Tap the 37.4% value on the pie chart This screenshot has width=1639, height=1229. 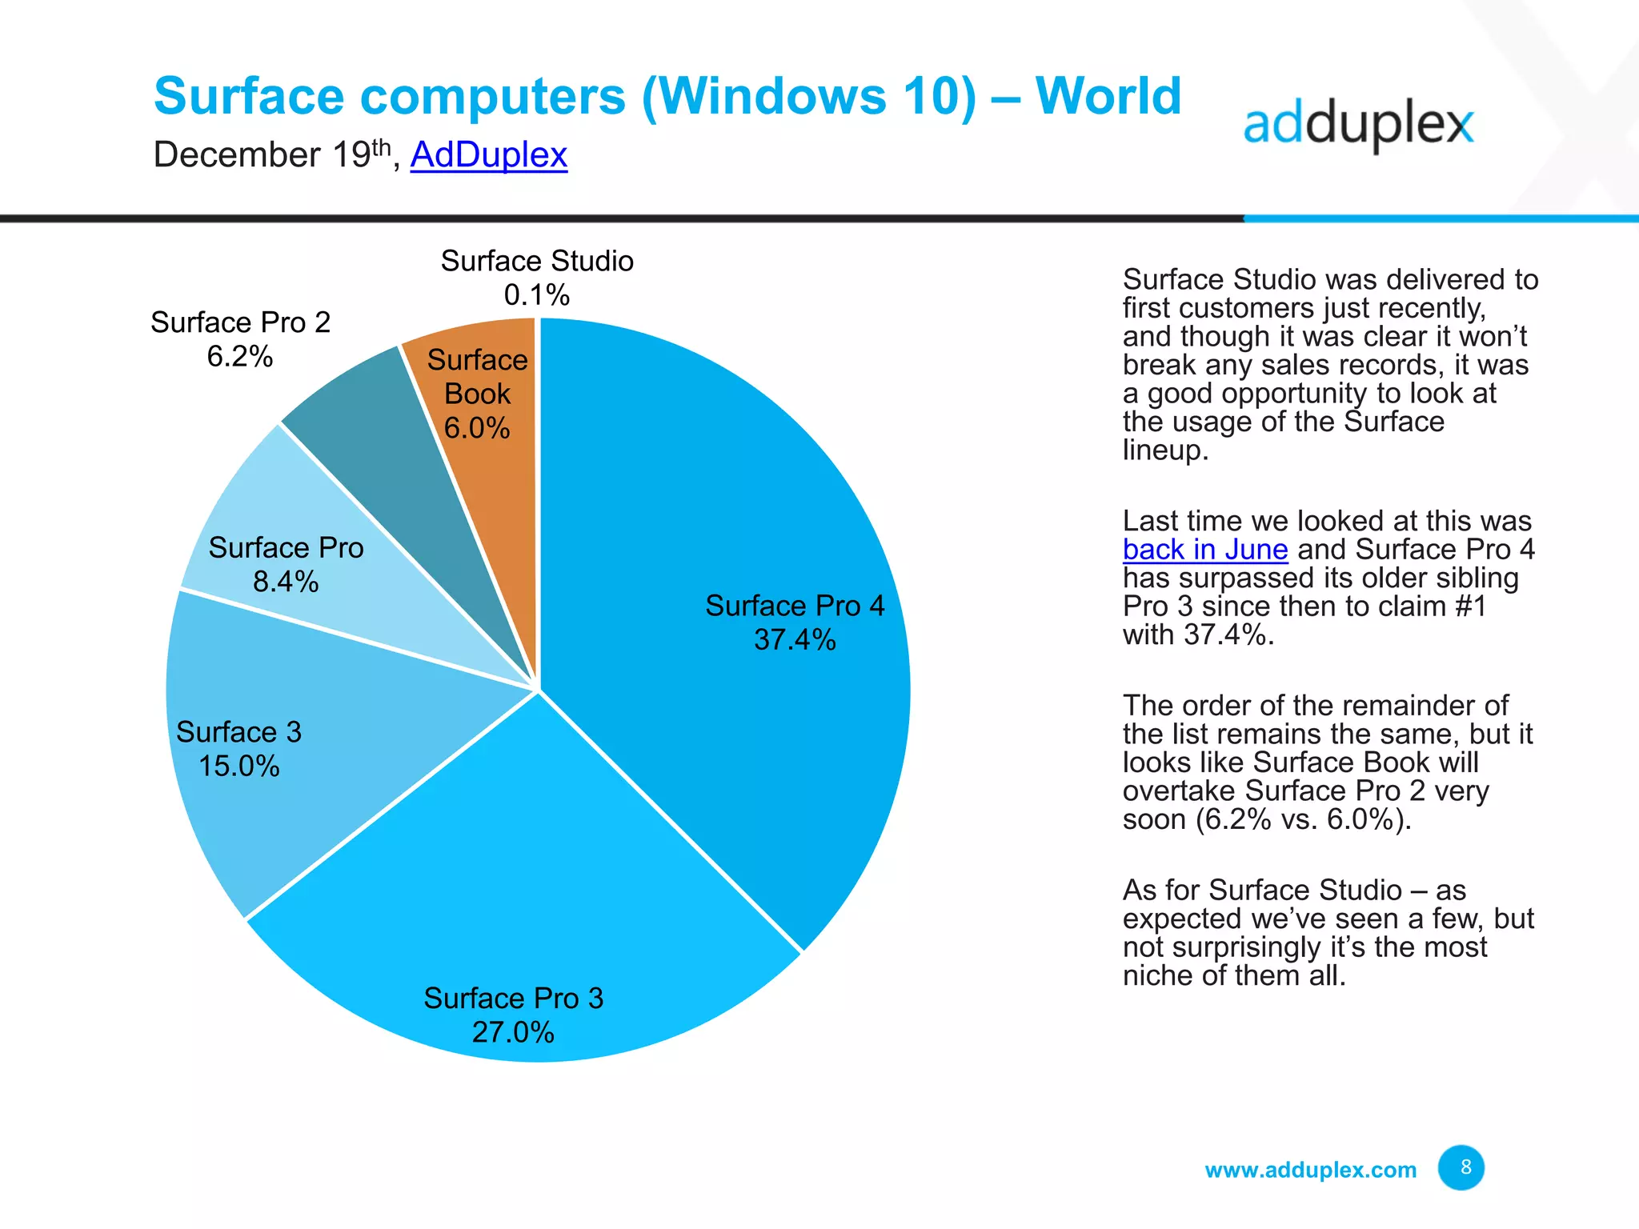[x=795, y=640]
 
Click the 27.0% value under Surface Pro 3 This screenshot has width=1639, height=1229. [x=513, y=1032]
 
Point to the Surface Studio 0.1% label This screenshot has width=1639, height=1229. [x=537, y=278]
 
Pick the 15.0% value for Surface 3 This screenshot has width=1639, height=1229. [x=238, y=767]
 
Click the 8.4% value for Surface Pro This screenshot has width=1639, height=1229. [x=286, y=582]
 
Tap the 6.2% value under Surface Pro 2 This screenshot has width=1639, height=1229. [x=240, y=356]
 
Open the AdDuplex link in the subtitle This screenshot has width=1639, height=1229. [x=488, y=154]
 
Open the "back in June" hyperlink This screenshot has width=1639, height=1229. [x=1204, y=550]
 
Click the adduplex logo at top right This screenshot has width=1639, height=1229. [x=1358, y=126]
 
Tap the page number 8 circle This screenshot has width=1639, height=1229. [x=1461, y=1167]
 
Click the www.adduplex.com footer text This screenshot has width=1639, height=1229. [x=1310, y=1170]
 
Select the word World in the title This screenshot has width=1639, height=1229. [x=1108, y=97]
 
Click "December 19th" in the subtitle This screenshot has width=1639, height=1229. [x=272, y=154]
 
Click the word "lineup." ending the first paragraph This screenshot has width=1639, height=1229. [x=1164, y=450]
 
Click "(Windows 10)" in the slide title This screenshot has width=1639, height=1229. [x=809, y=97]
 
